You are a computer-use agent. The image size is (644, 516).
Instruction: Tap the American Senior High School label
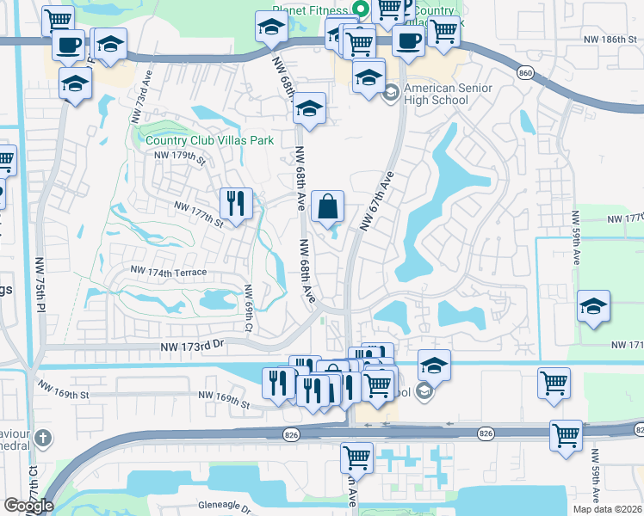pyautogui.click(x=436, y=94)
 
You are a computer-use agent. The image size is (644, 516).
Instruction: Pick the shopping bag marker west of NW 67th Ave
pyautogui.click(x=328, y=206)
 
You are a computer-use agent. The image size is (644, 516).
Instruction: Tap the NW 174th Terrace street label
pyautogui.click(x=169, y=271)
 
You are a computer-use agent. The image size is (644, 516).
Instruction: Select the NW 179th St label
pyautogui.click(x=180, y=156)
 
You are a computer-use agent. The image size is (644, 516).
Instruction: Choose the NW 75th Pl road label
pyautogui.click(x=40, y=284)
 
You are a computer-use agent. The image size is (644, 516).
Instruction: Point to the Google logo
pyautogui.click(x=28, y=506)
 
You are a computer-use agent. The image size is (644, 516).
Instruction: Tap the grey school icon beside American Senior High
pyautogui.click(x=392, y=90)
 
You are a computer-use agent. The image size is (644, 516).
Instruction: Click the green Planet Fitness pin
pyautogui.click(x=361, y=9)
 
